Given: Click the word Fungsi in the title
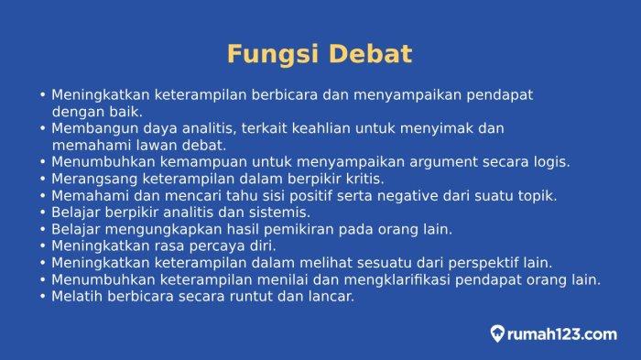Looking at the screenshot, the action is (x=273, y=55).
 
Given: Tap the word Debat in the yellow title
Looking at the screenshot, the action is (x=370, y=54).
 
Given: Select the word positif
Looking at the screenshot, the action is (x=310, y=196).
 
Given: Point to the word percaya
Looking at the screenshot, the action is (x=217, y=246).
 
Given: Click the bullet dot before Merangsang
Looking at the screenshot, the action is (x=43, y=180).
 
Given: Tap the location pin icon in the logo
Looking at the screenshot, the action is (x=497, y=333).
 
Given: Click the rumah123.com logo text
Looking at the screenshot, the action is (x=561, y=334).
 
